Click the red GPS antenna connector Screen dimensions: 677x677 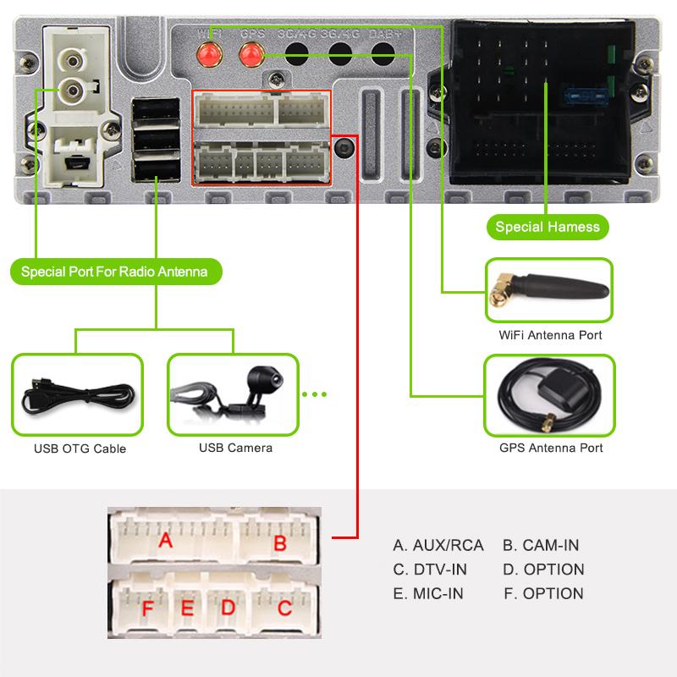click(250, 55)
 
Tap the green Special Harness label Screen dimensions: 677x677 click(548, 226)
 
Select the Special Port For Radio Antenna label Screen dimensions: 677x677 click(114, 272)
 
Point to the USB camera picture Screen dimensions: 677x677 click(233, 394)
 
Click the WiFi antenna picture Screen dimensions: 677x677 click(548, 290)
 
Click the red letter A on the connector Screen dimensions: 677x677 click(166, 539)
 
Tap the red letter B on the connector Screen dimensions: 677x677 click(279, 542)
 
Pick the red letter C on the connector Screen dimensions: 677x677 click(284, 607)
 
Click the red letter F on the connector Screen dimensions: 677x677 click(148, 608)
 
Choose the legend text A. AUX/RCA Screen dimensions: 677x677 click(438, 545)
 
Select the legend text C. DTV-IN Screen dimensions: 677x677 click(430, 570)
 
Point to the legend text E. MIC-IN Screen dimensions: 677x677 click(428, 593)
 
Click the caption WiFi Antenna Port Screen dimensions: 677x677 click(550, 335)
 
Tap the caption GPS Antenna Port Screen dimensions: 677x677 click(551, 447)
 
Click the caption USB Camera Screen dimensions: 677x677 click(235, 448)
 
